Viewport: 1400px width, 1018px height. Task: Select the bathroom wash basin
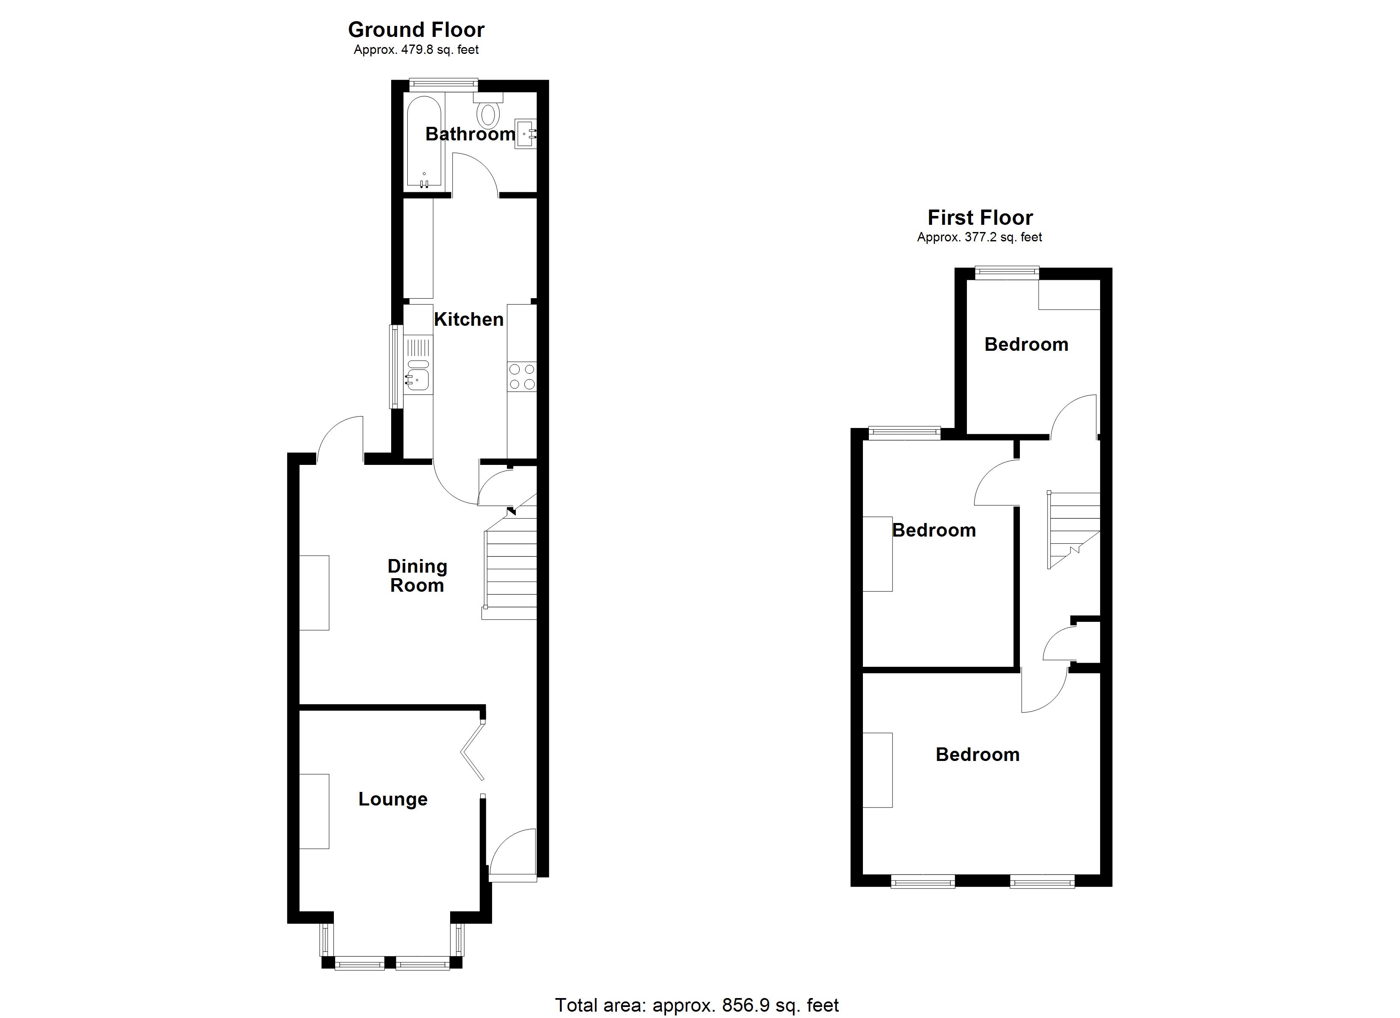[x=525, y=133]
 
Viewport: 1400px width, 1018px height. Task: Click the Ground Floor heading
[x=416, y=30]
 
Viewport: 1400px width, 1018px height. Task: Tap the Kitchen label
[x=468, y=319]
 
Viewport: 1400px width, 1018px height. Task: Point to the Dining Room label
[x=417, y=575]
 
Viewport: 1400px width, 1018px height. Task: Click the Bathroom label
[x=470, y=134]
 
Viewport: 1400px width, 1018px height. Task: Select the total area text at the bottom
[x=697, y=1005]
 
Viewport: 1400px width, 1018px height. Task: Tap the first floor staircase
[x=1073, y=530]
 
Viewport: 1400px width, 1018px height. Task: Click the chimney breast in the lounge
[x=314, y=811]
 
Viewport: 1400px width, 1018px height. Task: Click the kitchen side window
[x=395, y=367]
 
